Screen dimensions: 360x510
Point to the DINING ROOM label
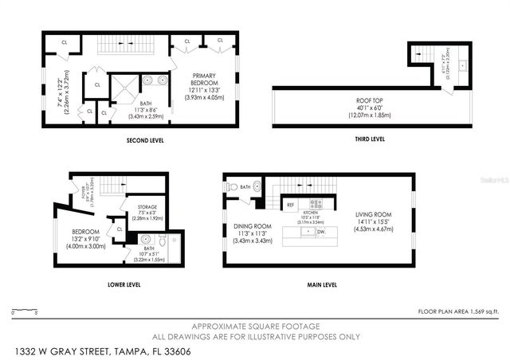[x=253, y=225]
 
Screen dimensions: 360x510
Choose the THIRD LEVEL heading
[x=370, y=139]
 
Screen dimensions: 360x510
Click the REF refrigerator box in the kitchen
[x=291, y=205]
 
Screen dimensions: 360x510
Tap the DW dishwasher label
[x=320, y=232]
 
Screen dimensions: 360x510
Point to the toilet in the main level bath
[x=233, y=188]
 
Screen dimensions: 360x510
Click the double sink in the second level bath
[x=154, y=80]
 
